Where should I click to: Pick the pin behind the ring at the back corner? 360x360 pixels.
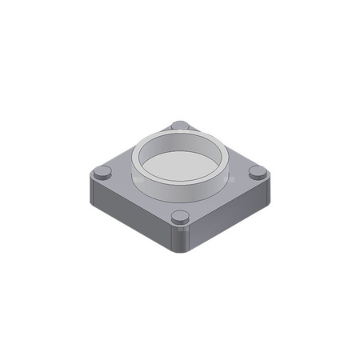[x=179, y=126]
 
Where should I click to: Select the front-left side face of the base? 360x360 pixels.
[x=128, y=218]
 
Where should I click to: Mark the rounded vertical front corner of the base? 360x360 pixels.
[x=181, y=240]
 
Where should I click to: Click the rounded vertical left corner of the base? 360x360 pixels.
[x=90, y=192]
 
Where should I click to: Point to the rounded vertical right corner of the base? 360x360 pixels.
[x=266, y=192]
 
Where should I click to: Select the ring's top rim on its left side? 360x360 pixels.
[x=136, y=158]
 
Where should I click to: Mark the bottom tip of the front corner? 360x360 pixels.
[x=181, y=254]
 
